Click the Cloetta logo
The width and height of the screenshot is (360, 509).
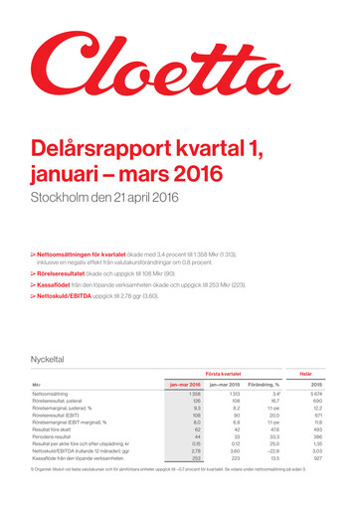point(179,68)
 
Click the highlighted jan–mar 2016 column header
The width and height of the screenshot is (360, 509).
point(186,384)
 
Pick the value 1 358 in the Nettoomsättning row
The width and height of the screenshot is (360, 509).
point(195,395)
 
